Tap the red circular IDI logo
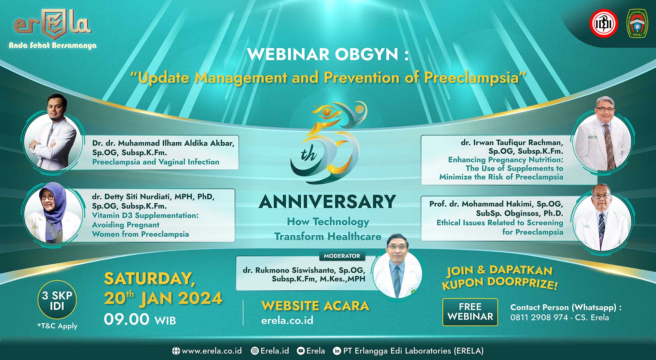coord(604,23)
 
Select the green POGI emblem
coord(637,23)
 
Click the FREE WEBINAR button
coord(470,312)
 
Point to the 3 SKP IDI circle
coord(57,300)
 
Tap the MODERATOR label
coord(342,256)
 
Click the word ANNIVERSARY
coord(327,202)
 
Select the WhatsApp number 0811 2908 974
coord(539,317)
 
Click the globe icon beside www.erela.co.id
coord(176,351)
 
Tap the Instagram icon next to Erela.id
coord(255,351)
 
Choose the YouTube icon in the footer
coord(301,351)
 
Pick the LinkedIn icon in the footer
coord(337,351)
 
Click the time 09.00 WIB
coord(140,319)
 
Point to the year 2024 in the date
coord(200,298)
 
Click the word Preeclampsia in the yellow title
coord(471,78)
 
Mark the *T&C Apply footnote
coord(57,326)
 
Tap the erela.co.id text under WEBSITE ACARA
coord(287,320)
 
